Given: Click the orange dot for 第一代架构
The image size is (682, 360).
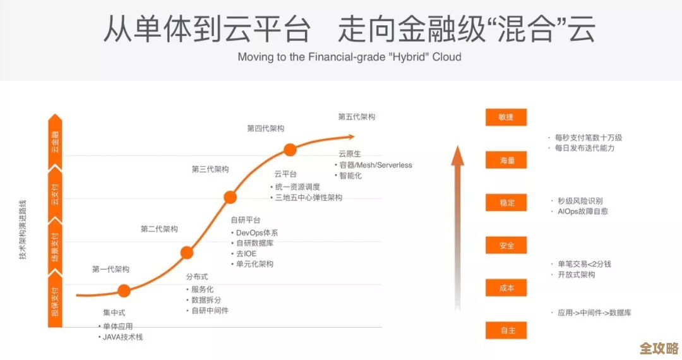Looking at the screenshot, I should pyautogui.click(x=124, y=291).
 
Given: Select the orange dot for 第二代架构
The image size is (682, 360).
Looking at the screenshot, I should pyautogui.click(x=186, y=253).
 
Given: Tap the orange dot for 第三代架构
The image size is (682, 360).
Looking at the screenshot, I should pyautogui.click(x=230, y=197).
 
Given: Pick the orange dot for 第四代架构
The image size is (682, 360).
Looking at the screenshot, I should pyautogui.click(x=290, y=150).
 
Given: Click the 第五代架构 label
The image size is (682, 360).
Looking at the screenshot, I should pyautogui.click(x=357, y=117).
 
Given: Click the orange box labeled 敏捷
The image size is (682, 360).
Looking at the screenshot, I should pyautogui.click(x=506, y=117).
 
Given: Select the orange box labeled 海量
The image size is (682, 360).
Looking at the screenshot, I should pyautogui.click(x=506, y=160).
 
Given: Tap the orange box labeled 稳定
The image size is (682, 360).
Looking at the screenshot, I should pyautogui.click(x=506, y=203).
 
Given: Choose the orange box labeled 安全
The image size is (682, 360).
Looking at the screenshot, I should pyautogui.click(x=506, y=246).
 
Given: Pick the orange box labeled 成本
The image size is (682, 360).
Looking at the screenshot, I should pyautogui.click(x=506, y=288).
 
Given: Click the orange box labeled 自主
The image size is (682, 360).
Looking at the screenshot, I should pyautogui.click(x=506, y=330).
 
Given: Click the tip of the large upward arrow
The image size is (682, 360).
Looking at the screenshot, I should pyautogui.click(x=458, y=148).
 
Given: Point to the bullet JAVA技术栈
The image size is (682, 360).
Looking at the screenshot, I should pyautogui.click(x=123, y=337).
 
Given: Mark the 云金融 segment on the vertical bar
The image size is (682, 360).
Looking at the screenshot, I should pyautogui.click(x=56, y=142).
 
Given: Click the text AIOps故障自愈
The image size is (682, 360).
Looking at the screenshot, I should pyautogui.click(x=582, y=211).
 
